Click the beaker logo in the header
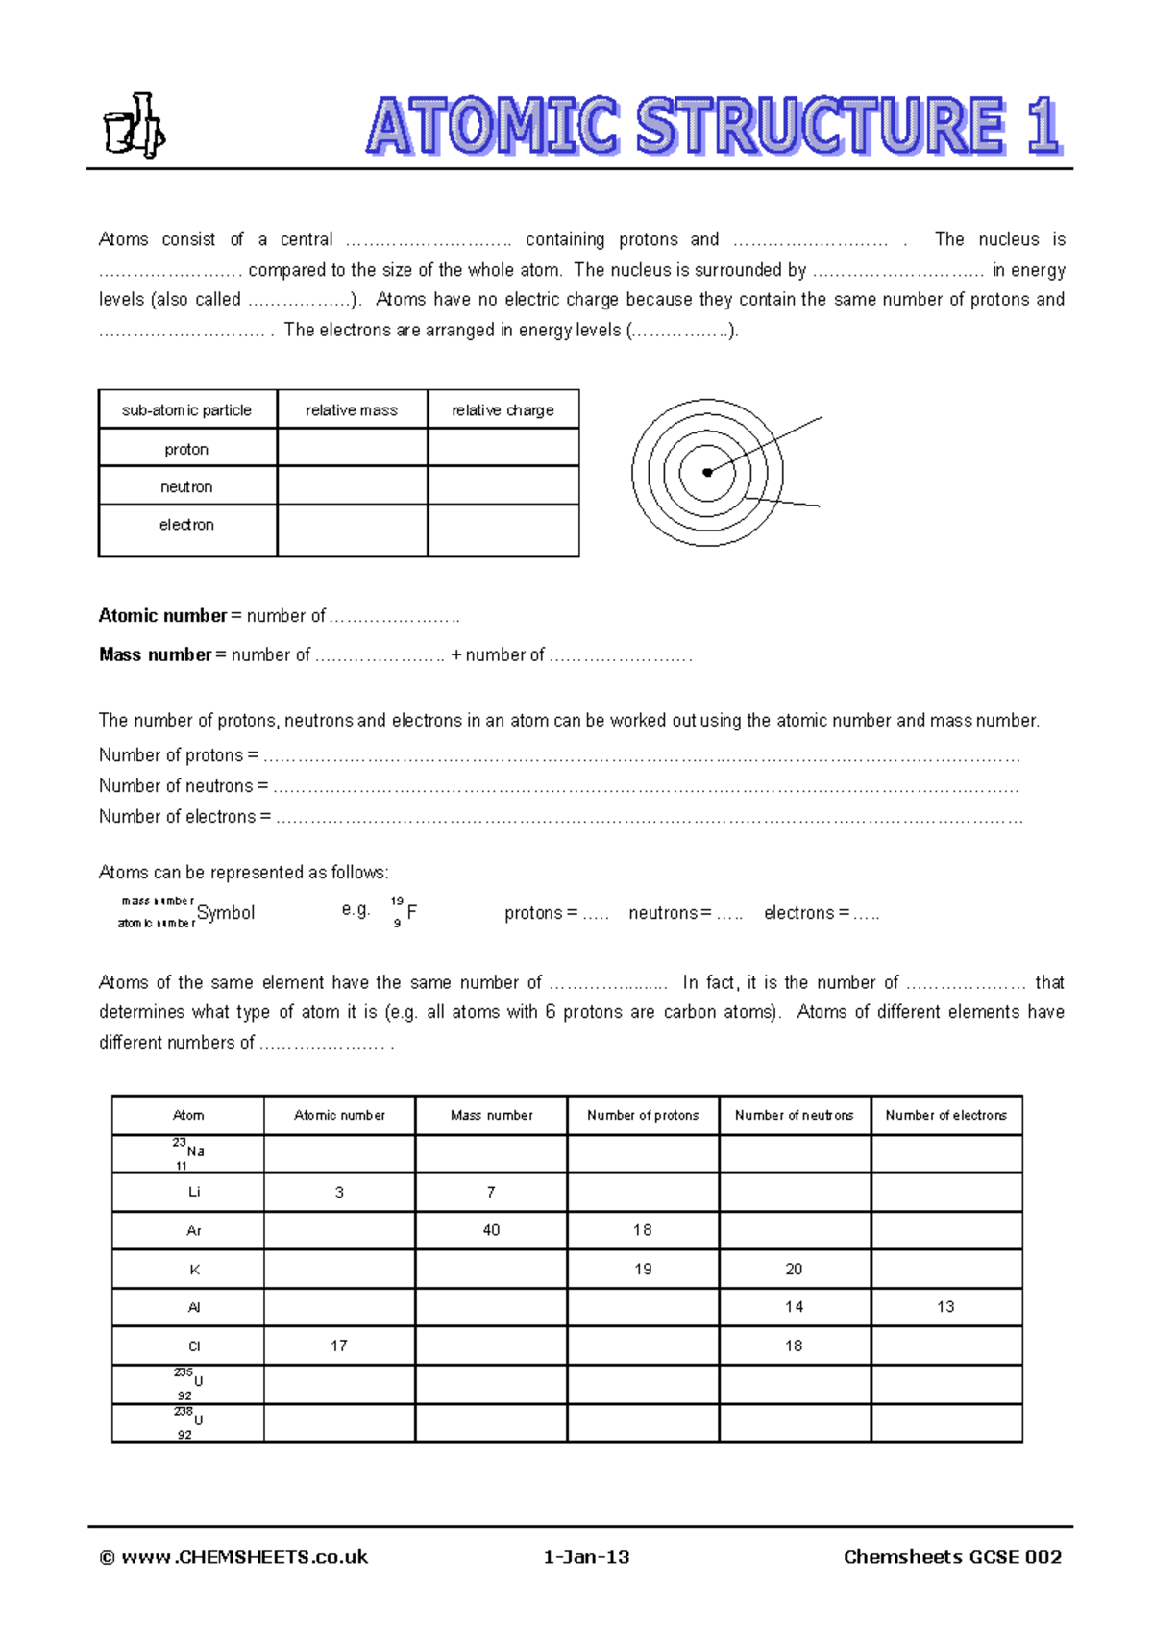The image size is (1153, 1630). (134, 126)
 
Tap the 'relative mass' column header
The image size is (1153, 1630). (352, 410)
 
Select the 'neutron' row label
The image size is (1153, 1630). (186, 487)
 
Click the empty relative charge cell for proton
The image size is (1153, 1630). (503, 449)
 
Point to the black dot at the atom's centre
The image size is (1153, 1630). (707, 472)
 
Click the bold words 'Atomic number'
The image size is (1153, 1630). (162, 616)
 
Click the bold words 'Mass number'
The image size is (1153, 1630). (155, 654)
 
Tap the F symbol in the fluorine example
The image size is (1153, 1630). (412, 912)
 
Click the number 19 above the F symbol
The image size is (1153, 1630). (397, 901)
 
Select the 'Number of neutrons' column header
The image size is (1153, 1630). (794, 1116)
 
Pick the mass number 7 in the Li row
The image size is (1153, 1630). (491, 1192)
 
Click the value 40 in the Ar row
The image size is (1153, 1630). (491, 1230)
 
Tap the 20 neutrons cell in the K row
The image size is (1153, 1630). (794, 1270)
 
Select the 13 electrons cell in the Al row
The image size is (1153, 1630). (945, 1307)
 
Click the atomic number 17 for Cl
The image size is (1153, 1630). (339, 1346)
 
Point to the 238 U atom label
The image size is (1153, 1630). (188, 1421)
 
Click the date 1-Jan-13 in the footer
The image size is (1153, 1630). (586, 1557)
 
